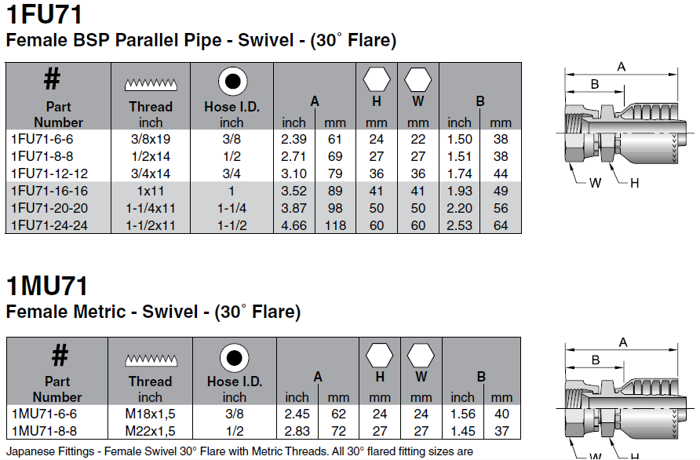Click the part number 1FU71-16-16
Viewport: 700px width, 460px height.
click(49, 192)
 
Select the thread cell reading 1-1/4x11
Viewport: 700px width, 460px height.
click(151, 209)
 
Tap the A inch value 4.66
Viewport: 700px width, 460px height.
click(293, 225)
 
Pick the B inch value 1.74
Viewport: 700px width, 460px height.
click(459, 173)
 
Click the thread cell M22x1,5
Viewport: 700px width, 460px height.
click(150, 432)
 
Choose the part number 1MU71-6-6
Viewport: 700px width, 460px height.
click(44, 414)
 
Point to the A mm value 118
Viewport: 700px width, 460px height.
click(335, 225)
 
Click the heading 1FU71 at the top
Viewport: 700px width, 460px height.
click(44, 14)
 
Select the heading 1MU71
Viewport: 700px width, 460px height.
click(47, 287)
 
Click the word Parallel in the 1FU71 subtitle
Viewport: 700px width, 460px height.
click(168, 40)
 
